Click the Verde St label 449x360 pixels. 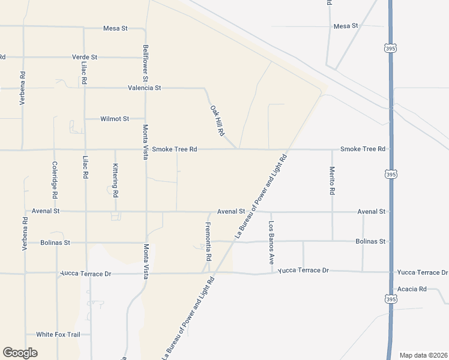85,57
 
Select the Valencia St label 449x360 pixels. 145,88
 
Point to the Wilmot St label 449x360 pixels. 114,119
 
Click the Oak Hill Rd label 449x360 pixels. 217,120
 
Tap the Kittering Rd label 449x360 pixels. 115,181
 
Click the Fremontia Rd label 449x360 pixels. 208,241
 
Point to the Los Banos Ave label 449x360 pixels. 271,243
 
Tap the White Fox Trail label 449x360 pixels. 58,334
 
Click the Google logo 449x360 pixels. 20,353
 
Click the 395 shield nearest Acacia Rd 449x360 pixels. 390,298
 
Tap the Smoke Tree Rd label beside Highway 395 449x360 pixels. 363,149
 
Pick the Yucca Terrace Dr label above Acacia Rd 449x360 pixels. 422,272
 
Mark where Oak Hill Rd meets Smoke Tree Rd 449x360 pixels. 238,149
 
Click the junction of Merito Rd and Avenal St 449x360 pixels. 332,212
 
